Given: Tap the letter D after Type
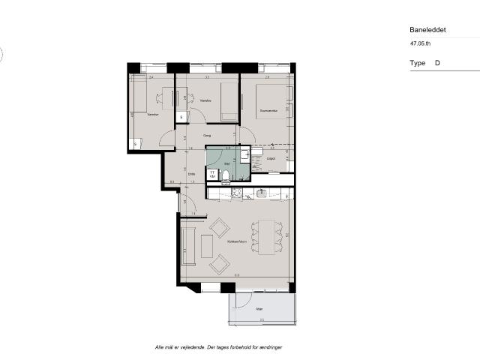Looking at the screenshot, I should click(437, 64).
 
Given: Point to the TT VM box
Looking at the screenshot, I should click(213, 174).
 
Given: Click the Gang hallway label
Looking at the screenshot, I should click(207, 136).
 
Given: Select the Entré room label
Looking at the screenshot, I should click(192, 175).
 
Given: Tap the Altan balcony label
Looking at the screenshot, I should click(259, 308).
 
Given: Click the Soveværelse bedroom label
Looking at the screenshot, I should click(268, 111).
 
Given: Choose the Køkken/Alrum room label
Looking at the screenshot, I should click(238, 242).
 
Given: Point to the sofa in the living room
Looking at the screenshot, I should click(188, 245).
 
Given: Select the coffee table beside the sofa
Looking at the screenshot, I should click(208, 241).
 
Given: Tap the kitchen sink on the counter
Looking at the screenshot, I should click(262, 193).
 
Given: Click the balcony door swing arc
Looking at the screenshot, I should click(241, 301).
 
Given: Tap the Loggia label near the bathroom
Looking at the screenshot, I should click(271, 158).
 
